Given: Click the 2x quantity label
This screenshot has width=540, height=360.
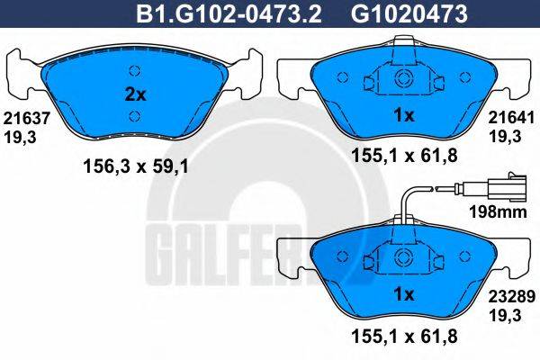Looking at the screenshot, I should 133,93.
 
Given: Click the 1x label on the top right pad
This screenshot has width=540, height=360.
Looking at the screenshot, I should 404,115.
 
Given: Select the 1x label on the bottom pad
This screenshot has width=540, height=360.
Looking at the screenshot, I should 404,294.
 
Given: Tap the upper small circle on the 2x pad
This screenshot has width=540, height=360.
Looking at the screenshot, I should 133,72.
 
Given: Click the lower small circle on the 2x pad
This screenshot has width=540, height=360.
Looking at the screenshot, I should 133,115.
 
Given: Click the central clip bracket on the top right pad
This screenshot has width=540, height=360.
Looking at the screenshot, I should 403,79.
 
